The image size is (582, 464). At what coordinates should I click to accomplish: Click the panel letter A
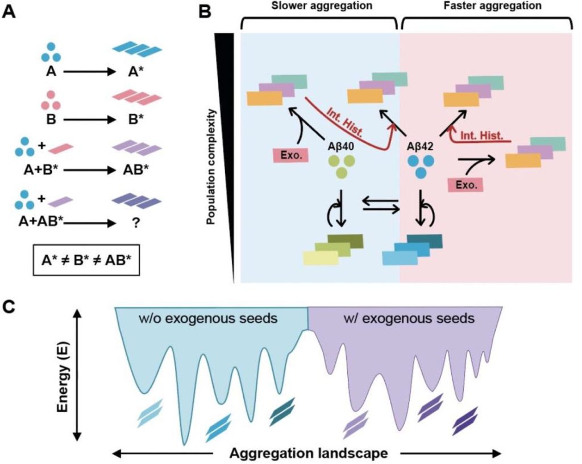pyautogui.click(x=10, y=11)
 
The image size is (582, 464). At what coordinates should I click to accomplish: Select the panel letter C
pyautogui.click(x=10, y=306)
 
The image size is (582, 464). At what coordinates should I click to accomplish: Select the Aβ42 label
pyautogui.click(x=419, y=146)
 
